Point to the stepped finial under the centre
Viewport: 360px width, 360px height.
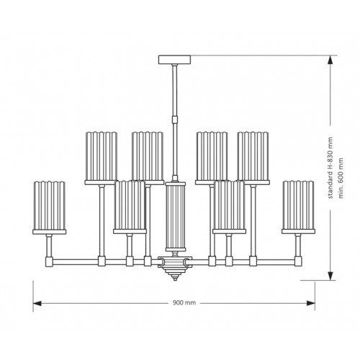174,273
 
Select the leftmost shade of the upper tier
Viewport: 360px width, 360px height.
102,156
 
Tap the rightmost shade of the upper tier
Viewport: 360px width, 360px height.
253,156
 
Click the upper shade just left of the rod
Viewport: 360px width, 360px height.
147,156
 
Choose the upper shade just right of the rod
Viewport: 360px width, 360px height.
211,156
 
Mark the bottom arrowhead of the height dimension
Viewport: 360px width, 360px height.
330,276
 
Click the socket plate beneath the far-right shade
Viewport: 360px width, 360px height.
297,233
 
